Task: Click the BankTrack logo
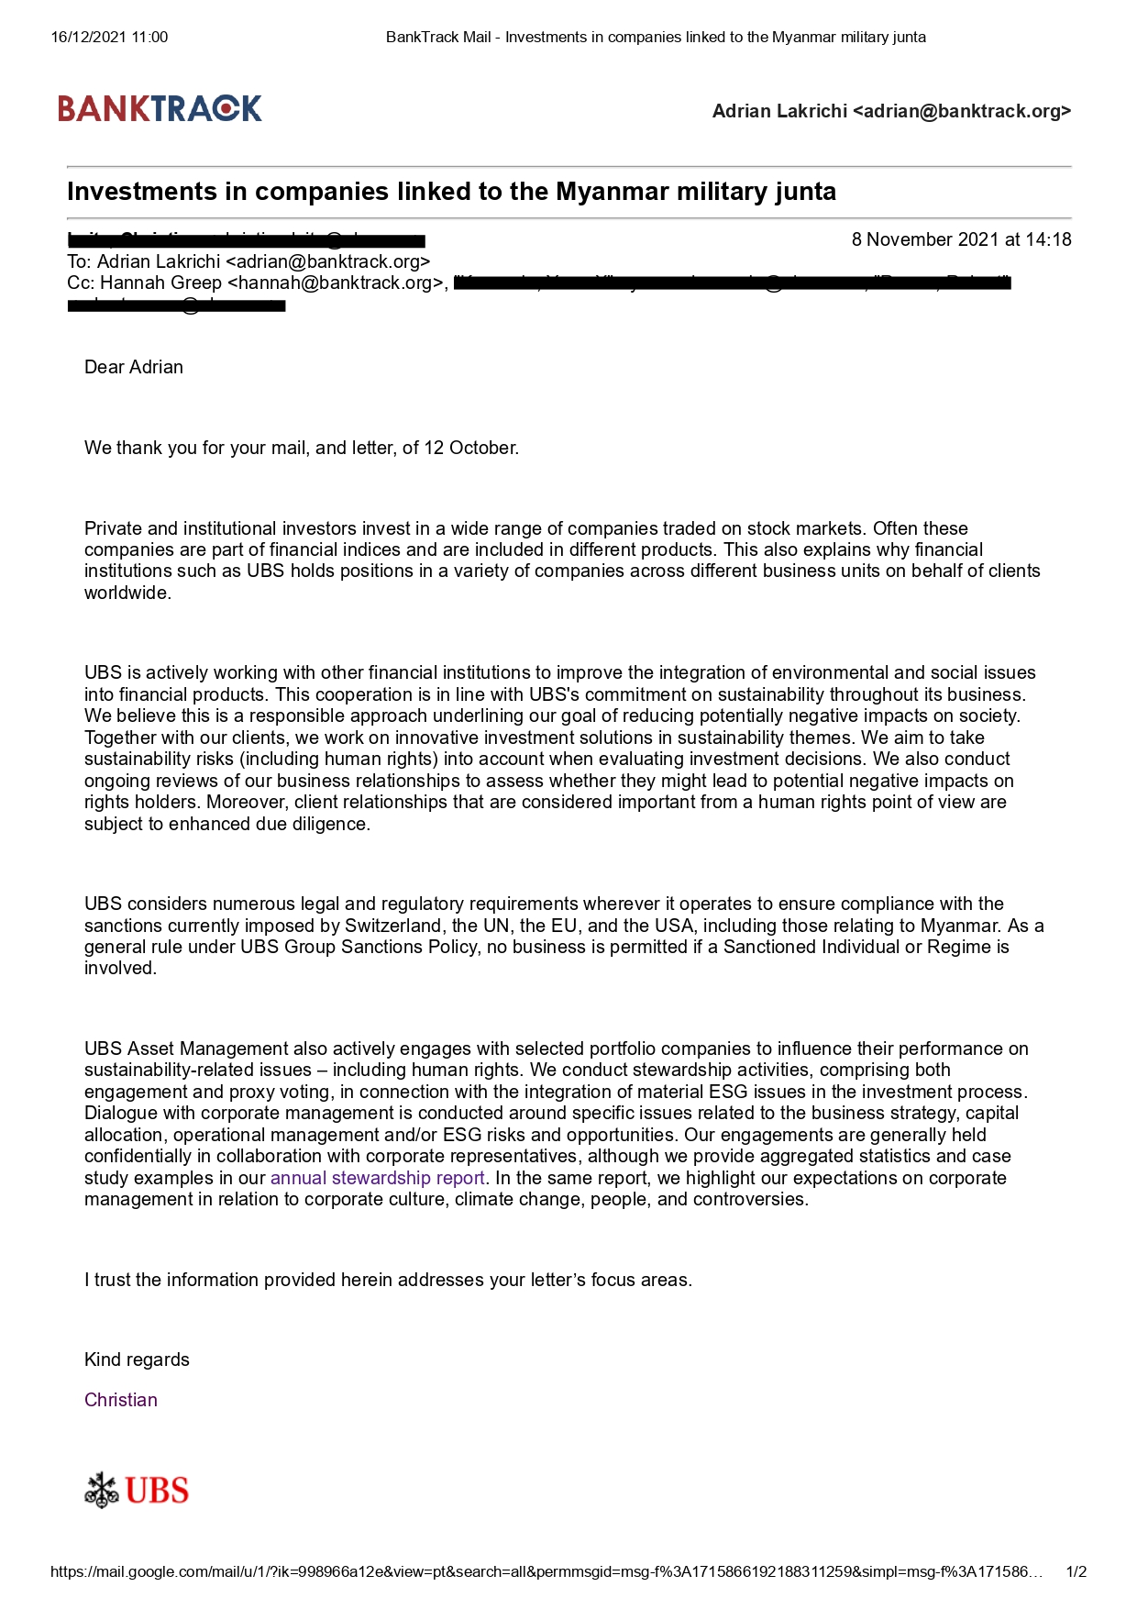[160, 108]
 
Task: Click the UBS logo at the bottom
[137, 1490]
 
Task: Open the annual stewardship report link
[377, 1178]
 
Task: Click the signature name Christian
[121, 1400]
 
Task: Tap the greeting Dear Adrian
[134, 367]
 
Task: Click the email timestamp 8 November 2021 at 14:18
[961, 239]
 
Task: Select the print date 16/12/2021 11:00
[109, 38]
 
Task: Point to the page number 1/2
[1076, 1571]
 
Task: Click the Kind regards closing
[137, 1359]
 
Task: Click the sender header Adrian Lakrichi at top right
[891, 111]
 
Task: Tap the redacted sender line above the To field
[246, 240]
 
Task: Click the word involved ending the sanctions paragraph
[119, 969]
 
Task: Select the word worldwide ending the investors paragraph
[127, 593]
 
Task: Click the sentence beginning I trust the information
[388, 1280]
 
